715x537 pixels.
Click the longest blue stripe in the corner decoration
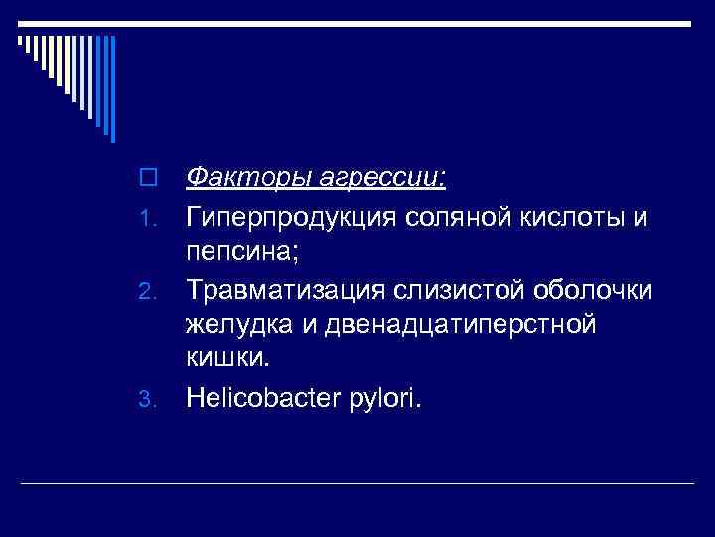[113, 89]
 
